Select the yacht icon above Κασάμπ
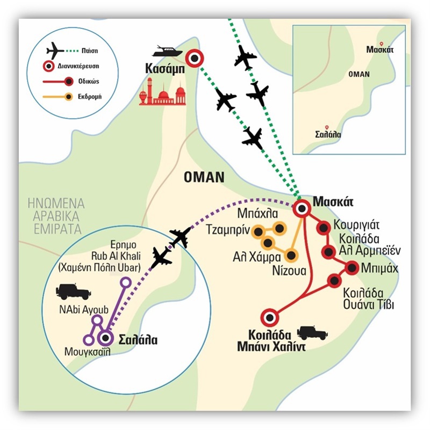(168, 52)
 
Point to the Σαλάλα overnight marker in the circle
(105, 338)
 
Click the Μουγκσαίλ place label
(91, 354)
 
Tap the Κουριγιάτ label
(359, 224)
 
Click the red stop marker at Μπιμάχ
(352, 267)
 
